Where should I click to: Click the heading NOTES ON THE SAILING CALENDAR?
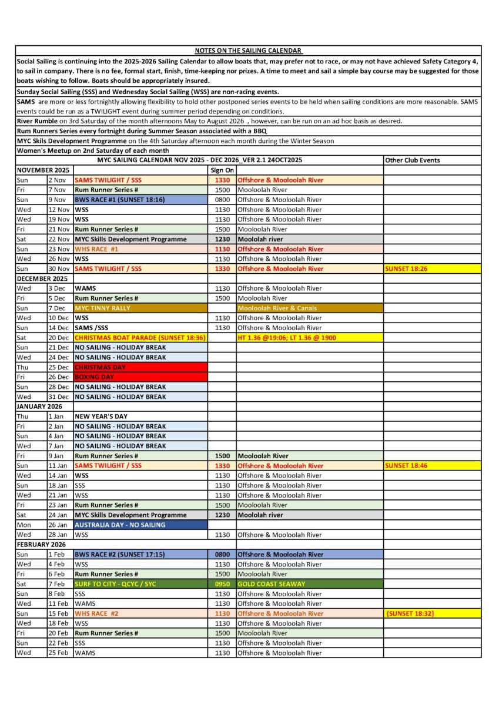click(249, 51)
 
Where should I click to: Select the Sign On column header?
click(222, 170)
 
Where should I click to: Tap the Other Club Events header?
click(411, 160)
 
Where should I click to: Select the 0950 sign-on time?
click(222, 584)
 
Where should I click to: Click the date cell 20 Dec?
click(59, 338)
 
